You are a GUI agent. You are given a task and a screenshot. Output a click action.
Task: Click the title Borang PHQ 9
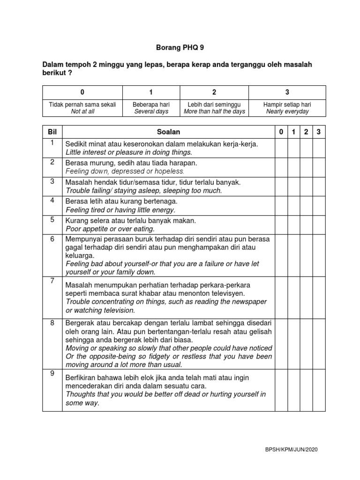click(180, 47)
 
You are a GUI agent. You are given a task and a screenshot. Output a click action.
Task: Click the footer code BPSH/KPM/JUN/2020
click(291, 450)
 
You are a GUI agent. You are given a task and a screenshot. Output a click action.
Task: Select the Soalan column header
click(169, 132)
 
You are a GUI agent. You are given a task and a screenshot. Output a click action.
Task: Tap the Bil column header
click(52, 132)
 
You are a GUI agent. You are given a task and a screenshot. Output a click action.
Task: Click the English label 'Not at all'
click(82, 112)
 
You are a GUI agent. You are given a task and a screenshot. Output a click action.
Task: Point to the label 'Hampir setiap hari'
click(287, 105)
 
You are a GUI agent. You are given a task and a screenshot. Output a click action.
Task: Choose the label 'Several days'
click(151, 112)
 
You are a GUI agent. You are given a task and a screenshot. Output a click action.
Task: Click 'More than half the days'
click(214, 112)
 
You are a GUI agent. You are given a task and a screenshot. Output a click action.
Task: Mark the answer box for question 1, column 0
click(281, 148)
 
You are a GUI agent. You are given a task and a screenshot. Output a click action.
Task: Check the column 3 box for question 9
click(319, 390)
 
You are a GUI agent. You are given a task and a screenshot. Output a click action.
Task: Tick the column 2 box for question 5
click(306, 225)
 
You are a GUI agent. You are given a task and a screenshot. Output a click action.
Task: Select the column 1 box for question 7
click(293, 297)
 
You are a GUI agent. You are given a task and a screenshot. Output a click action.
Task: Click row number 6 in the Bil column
click(52, 239)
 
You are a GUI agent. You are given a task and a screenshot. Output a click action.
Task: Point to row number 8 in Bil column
click(52, 322)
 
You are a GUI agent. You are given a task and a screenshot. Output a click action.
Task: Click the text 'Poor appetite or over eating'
click(110, 229)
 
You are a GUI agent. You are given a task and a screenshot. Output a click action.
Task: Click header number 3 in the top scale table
click(287, 92)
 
